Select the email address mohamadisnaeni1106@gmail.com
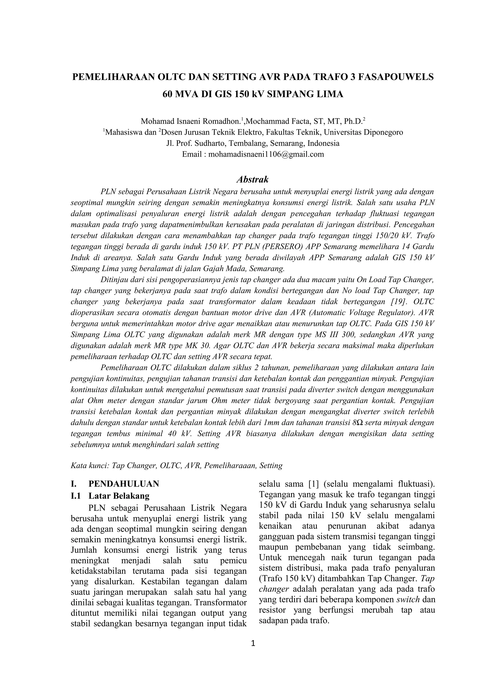266,154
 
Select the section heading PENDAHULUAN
124,484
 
